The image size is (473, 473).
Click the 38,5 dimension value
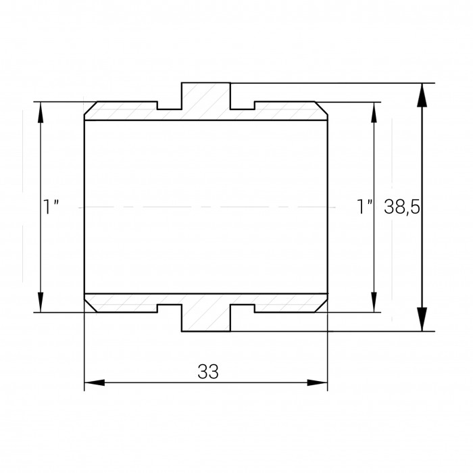coord(401,207)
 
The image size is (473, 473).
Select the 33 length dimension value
coord(208,372)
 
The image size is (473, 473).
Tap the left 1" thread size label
coord(51,207)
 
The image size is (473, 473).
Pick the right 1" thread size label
coord(365,207)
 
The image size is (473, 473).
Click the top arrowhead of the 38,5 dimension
coord(422,95)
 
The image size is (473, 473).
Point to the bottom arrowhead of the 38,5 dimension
coord(422,319)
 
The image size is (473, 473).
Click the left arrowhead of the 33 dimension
coord(95,382)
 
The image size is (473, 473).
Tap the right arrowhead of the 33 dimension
coord(317,382)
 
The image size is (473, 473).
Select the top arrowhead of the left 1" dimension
coord(41,112)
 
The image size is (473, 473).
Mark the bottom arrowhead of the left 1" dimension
coord(41,302)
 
